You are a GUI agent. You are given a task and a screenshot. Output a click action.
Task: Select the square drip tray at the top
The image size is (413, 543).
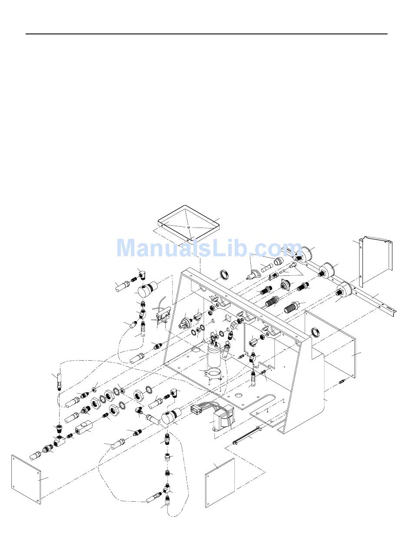188,224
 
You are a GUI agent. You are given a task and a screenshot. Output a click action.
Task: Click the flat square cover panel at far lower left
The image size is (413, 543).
26,479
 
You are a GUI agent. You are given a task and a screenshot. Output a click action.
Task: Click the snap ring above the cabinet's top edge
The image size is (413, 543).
223,275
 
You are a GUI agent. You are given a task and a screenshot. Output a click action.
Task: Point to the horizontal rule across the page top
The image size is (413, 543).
206,34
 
